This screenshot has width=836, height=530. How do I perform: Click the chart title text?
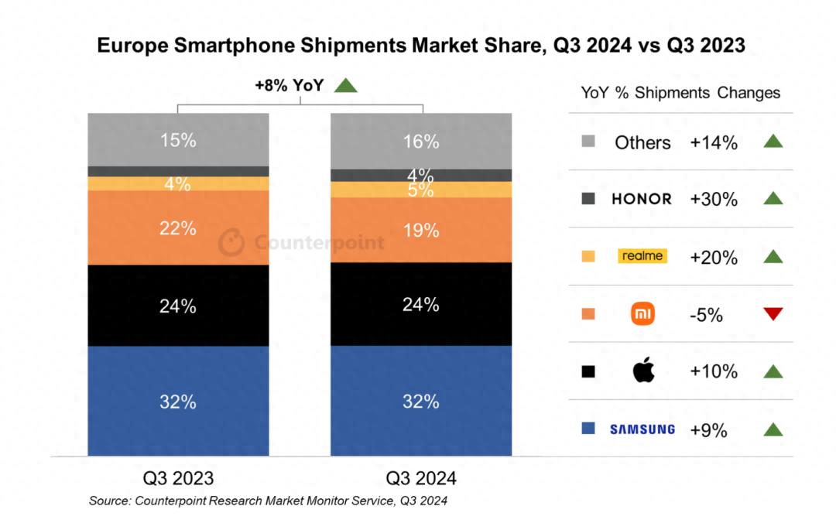tap(421, 46)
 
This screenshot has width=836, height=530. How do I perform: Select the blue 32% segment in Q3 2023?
tap(178, 401)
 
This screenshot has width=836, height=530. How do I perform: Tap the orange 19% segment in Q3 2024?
tap(421, 230)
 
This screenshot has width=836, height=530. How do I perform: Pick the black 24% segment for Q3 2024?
tap(421, 304)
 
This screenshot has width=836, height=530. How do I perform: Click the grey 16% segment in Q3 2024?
tap(421, 141)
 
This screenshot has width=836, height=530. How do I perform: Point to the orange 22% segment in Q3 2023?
tap(178, 227)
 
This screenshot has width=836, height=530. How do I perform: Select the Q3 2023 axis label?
tap(178, 477)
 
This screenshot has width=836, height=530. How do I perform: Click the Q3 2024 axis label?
tap(421, 477)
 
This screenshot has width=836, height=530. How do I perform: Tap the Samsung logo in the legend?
tap(642, 429)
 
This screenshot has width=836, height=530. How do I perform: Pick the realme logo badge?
tap(642, 256)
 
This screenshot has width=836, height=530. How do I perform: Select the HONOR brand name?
tap(642, 199)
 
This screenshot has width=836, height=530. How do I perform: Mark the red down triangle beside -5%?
tap(773, 314)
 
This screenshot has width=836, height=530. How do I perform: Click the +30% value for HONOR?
tap(714, 200)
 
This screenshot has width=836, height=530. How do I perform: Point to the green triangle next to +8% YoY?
tap(345, 85)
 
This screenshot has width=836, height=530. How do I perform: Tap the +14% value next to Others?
tap(714, 142)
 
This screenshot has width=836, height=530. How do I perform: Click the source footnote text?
tap(268, 501)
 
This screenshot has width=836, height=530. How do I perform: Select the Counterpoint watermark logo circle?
tap(231, 243)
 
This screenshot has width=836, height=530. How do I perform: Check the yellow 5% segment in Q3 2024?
tap(421, 190)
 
